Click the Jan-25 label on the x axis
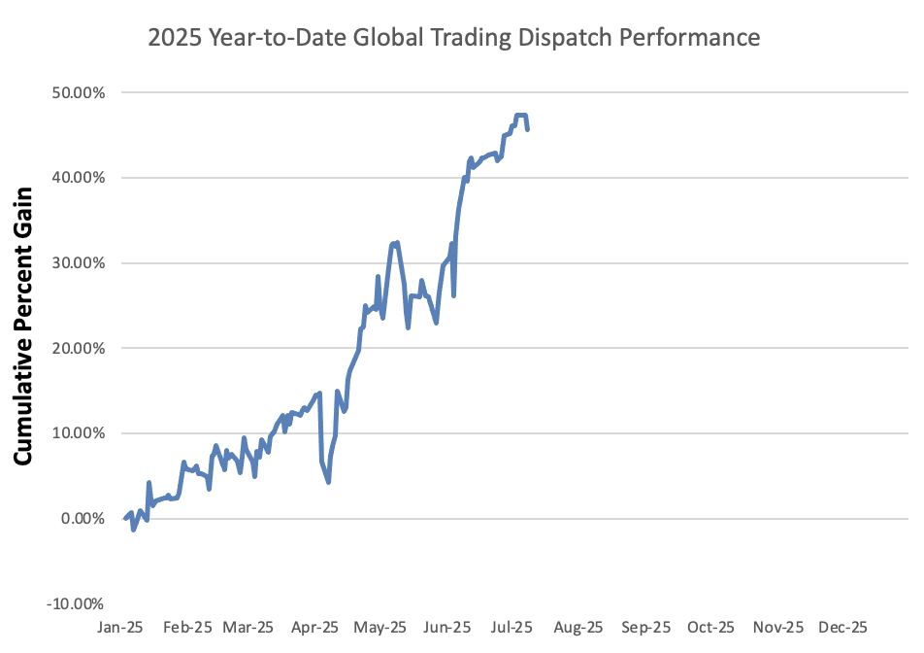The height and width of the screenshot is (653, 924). pyautogui.click(x=121, y=628)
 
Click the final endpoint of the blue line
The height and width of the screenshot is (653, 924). pyautogui.click(x=527, y=129)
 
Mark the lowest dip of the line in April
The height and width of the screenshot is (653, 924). pyautogui.click(x=329, y=481)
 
